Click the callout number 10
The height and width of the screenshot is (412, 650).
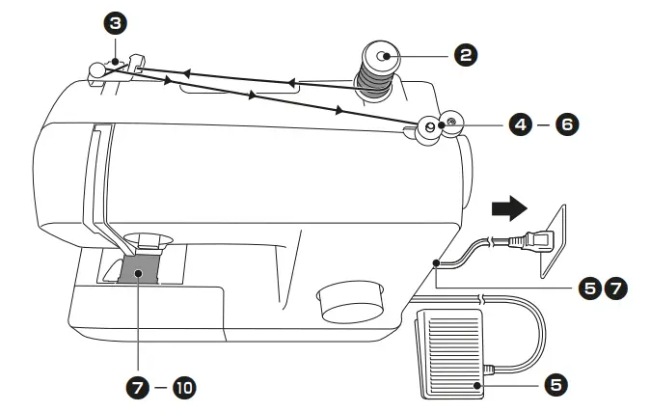pos(183,388)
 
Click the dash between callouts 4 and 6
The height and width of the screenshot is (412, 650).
pos(544,124)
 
